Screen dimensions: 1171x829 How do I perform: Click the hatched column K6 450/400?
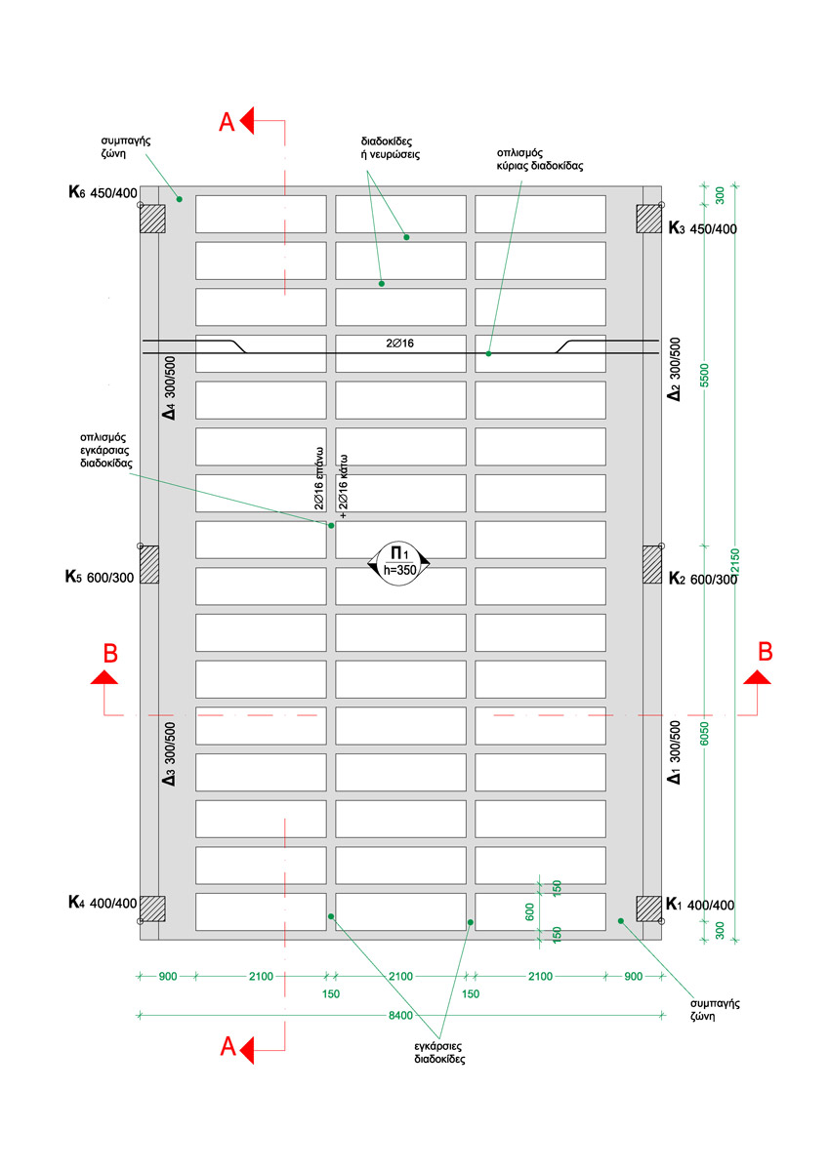coord(151,220)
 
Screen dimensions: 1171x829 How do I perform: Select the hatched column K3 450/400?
coord(648,220)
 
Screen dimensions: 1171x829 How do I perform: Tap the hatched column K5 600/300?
coord(148,564)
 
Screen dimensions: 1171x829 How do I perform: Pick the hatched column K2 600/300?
coord(651,564)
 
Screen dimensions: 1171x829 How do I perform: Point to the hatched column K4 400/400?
coord(151,909)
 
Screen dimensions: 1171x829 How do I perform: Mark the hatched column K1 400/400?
coord(648,909)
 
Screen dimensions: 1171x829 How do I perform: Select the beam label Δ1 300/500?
coord(673,753)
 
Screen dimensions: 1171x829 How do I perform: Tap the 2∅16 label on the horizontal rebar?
coord(400,343)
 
